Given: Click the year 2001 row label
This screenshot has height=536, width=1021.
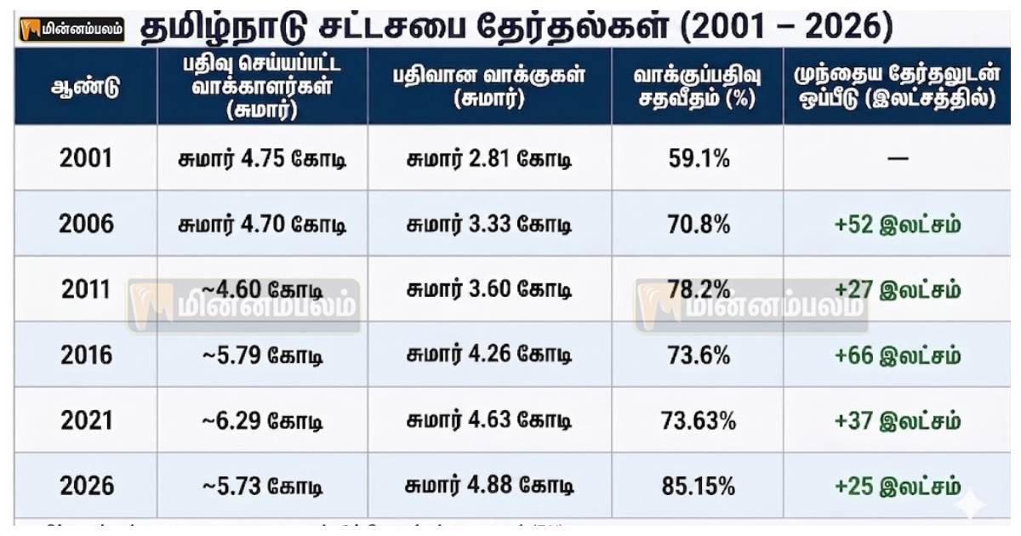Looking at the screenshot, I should click(x=85, y=158).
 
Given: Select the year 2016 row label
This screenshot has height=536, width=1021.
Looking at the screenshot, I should click(x=85, y=355).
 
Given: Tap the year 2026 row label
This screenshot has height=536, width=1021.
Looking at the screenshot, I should click(x=85, y=486).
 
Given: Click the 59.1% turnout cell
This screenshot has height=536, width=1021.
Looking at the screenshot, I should click(x=697, y=158).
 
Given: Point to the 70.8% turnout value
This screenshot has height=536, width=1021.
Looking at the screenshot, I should click(x=697, y=225).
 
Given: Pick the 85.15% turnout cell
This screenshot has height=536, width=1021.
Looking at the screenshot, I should click(x=697, y=486).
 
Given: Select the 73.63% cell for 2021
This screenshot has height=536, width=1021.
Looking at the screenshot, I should click(x=697, y=420).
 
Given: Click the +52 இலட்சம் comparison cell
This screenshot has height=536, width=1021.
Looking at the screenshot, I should click(x=898, y=225).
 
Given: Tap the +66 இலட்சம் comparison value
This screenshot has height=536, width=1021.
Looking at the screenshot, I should click(x=898, y=355).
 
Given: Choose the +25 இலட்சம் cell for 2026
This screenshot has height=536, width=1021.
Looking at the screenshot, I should click(x=898, y=486).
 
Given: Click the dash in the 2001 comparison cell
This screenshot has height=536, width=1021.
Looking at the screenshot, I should click(x=898, y=159).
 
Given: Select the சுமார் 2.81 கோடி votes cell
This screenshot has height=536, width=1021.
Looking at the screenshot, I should click(x=488, y=158).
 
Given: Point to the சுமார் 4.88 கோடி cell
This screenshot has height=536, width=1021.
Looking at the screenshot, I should click(x=488, y=486).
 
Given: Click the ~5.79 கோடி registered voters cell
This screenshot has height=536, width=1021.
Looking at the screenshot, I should click(x=262, y=355).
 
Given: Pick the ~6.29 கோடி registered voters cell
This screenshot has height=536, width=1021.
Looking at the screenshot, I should click(x=262, y=420).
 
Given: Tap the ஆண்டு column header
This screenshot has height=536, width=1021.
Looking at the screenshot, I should click(x=85, y=87).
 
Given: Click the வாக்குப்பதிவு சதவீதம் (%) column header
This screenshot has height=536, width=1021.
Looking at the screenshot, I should click(x=697, y=87).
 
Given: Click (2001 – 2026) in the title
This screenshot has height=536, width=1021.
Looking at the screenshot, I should click(x=786, y=28).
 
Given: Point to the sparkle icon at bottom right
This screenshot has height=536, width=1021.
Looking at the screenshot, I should click(x=969, y=504).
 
